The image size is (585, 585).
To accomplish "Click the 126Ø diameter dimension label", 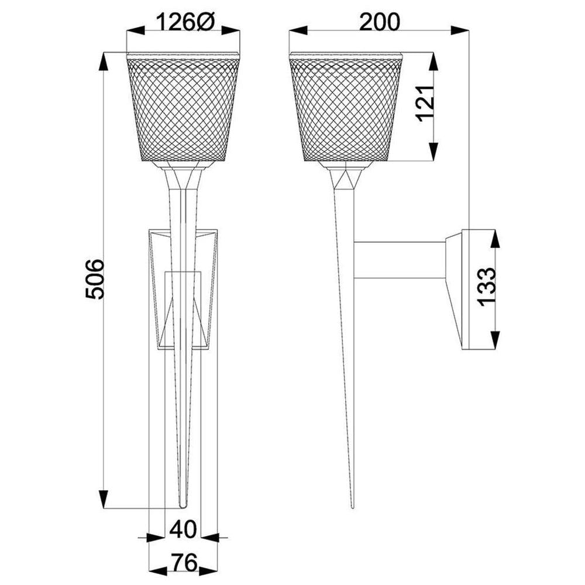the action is [x=184, y=22].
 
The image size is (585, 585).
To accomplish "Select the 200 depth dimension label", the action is [x=380, y=22].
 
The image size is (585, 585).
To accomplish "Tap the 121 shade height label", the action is [x=425, y=104].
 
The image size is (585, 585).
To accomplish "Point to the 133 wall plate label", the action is [x=488, y=287].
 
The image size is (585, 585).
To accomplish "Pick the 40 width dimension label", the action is [x=183, y=529].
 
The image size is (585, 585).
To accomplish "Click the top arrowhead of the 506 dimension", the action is [x=104, y=62].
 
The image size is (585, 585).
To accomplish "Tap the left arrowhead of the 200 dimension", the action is [x=298, y=30].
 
